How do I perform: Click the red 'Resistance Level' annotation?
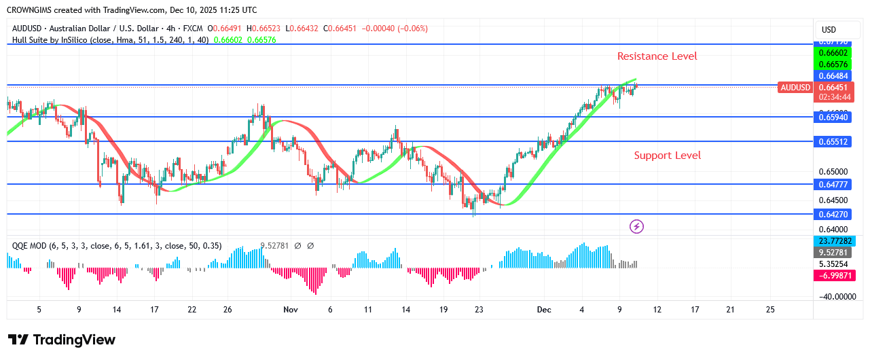657,56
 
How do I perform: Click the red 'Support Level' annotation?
667,156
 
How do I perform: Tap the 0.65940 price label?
833,118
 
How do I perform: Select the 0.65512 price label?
833,142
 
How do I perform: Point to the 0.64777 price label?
833,184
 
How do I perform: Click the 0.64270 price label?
833,214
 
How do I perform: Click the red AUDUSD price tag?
795,88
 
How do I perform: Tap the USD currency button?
829,30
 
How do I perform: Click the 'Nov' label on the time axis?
291,310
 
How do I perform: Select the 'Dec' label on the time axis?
544,310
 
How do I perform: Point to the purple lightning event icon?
636,226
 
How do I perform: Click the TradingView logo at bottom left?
62,340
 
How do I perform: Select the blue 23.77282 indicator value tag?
833,241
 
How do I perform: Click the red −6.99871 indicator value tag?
833,275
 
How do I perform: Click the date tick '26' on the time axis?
228,310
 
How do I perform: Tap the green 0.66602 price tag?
833,52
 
